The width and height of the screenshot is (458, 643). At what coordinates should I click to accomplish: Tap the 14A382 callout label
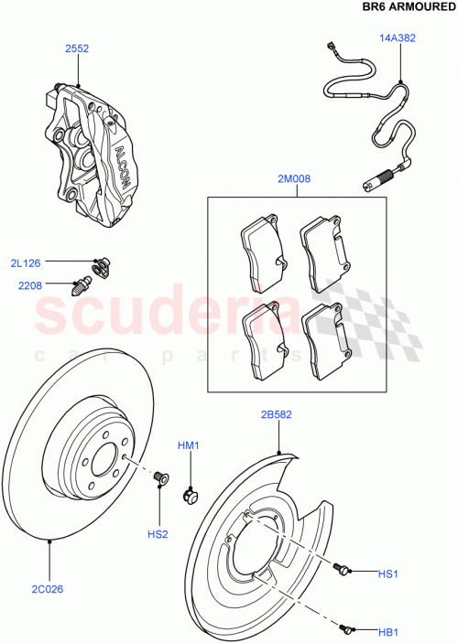coord(398,38)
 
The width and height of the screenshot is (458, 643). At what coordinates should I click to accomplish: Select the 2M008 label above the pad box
coord(294,179)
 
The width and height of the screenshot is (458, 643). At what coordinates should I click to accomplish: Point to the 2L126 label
coord(27,263)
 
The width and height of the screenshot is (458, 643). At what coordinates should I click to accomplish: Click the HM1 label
coord(187,445)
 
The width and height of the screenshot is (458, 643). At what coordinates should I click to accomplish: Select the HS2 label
coord(158,534)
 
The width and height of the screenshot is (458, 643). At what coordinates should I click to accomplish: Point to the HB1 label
coord(388,631)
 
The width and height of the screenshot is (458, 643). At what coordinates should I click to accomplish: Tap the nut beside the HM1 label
coord(192,496)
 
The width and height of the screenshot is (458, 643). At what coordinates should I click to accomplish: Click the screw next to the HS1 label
coord(343,569)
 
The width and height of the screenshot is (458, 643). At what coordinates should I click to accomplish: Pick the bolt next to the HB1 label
coord(345,627)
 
